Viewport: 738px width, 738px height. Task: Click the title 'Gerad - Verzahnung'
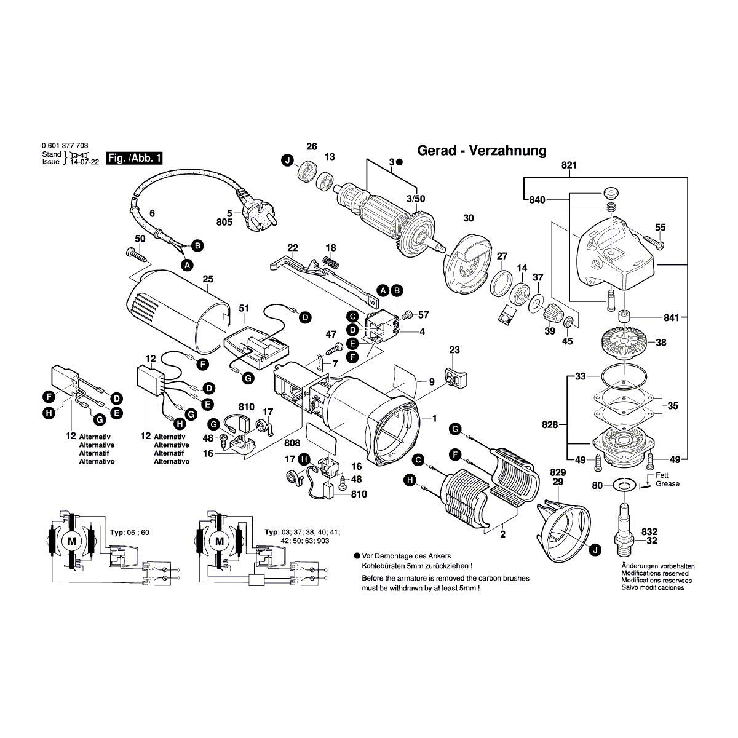pyautogui.click(x=481, y=150)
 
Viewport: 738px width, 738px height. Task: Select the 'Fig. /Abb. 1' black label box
pyautogui.click(x=135, y=158)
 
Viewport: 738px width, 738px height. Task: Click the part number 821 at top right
pyautogui.click(x=569, y=165)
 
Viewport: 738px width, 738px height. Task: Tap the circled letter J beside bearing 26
pyautogui.click(x=287, y=161)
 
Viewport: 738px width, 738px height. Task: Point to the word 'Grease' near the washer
pyautogui.click(x=667, y=483)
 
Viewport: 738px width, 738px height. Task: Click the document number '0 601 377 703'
pyautogui.click(x=65, y=146)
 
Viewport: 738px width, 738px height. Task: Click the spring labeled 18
pyautogui.click(x=331, y=263)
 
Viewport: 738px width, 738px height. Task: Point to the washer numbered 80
pyautogui.click(x=625, y=486)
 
